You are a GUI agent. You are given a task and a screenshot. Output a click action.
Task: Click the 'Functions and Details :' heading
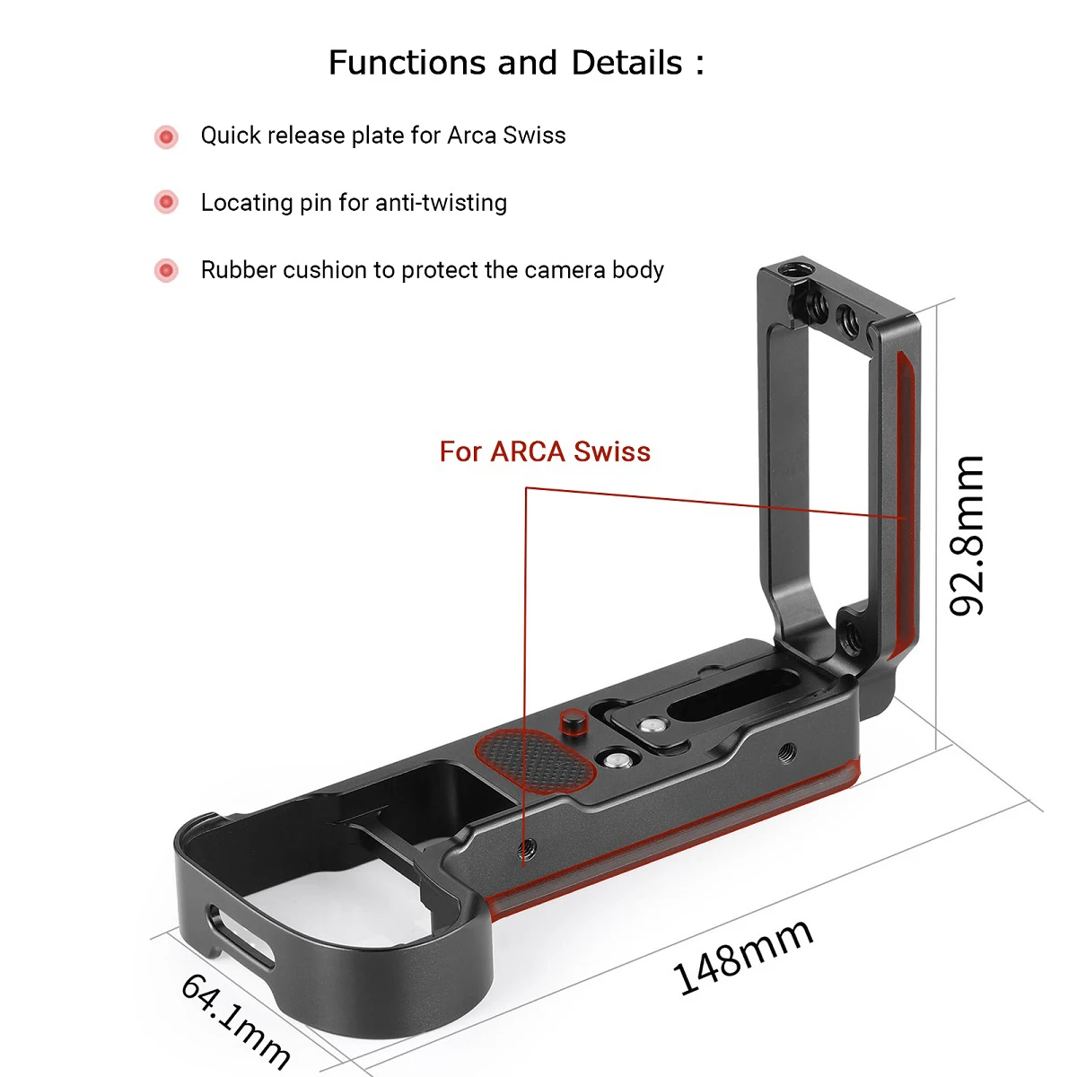[516, 63]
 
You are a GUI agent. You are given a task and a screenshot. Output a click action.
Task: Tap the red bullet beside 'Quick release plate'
[166, 136]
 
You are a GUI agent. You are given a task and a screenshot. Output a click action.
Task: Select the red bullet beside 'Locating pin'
[166, 203]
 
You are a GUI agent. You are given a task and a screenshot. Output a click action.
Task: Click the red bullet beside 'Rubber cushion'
[166, 270]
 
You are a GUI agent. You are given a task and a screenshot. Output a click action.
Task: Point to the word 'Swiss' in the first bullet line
[534, 136]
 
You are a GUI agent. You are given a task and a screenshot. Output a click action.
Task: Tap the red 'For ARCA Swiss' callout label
[545, 451]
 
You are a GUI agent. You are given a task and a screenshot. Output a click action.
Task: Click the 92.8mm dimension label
[968, 535]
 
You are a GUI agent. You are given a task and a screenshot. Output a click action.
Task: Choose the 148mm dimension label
[743, 957]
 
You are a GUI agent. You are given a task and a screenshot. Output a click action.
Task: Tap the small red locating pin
[572, 720]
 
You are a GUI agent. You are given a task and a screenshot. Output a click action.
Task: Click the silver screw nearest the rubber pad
[615, 760]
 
